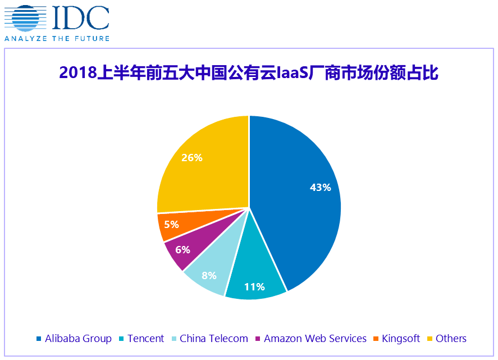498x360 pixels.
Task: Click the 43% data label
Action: pyautogui.click(x=320, y=188)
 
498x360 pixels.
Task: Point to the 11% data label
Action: pyautogui.click(x=254, y=286)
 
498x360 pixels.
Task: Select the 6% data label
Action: pyautogui.click(x=183, y=250)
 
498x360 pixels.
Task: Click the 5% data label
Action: pyautogui.click(x=171, y=225)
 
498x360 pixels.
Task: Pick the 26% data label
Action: pyautogui.click(x=192, y=158)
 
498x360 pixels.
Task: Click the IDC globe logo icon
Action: pyautogui.click(x=25, y=19)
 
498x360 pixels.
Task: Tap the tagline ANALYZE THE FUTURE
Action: pyautogui.click(x=57, y=38)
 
